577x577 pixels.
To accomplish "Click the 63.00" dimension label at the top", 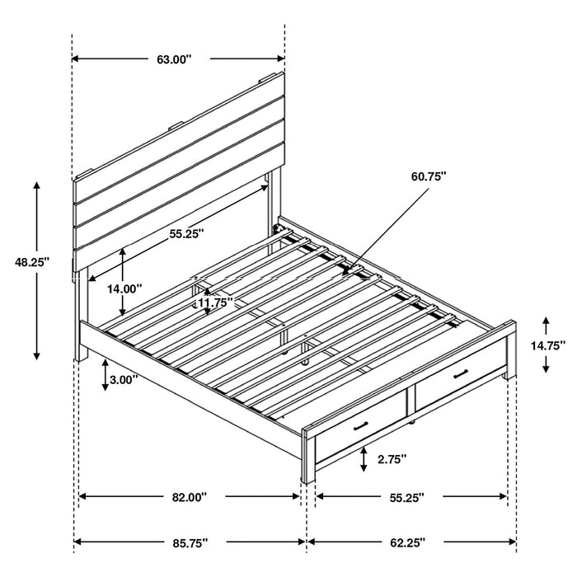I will click(173, 59).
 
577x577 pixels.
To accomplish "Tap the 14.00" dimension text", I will click(124, 288).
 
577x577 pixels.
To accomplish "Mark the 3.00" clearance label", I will click(122, 380).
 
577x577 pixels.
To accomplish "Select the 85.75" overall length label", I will click(190, 543).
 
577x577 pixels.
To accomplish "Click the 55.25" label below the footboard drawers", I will click(407, 497).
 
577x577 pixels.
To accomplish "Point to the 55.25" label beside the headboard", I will click(187, 233).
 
